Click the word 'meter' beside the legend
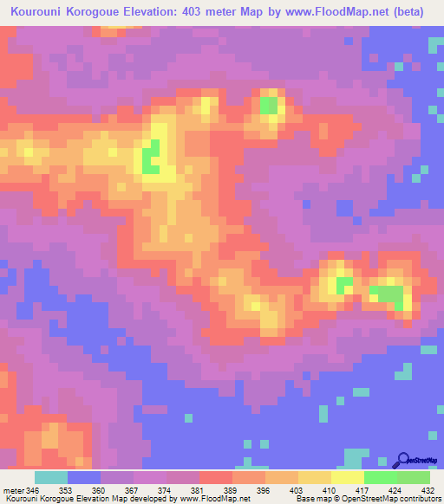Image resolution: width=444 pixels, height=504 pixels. pyautogui.click(x=12, y=490)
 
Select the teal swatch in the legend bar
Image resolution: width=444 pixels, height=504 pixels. pyautogui.click(x=51, y=477)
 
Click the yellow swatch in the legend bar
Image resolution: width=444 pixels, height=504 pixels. pyautogui.click(x=348, y=477)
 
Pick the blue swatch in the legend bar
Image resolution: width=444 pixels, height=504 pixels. pyautogui.click(x=84, y=477)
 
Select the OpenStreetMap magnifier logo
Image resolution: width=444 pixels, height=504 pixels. pyautogui.click(x=403, y=459)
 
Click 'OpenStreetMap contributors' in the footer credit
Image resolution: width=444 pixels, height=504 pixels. pyautogui.click(x=391, y=499)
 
